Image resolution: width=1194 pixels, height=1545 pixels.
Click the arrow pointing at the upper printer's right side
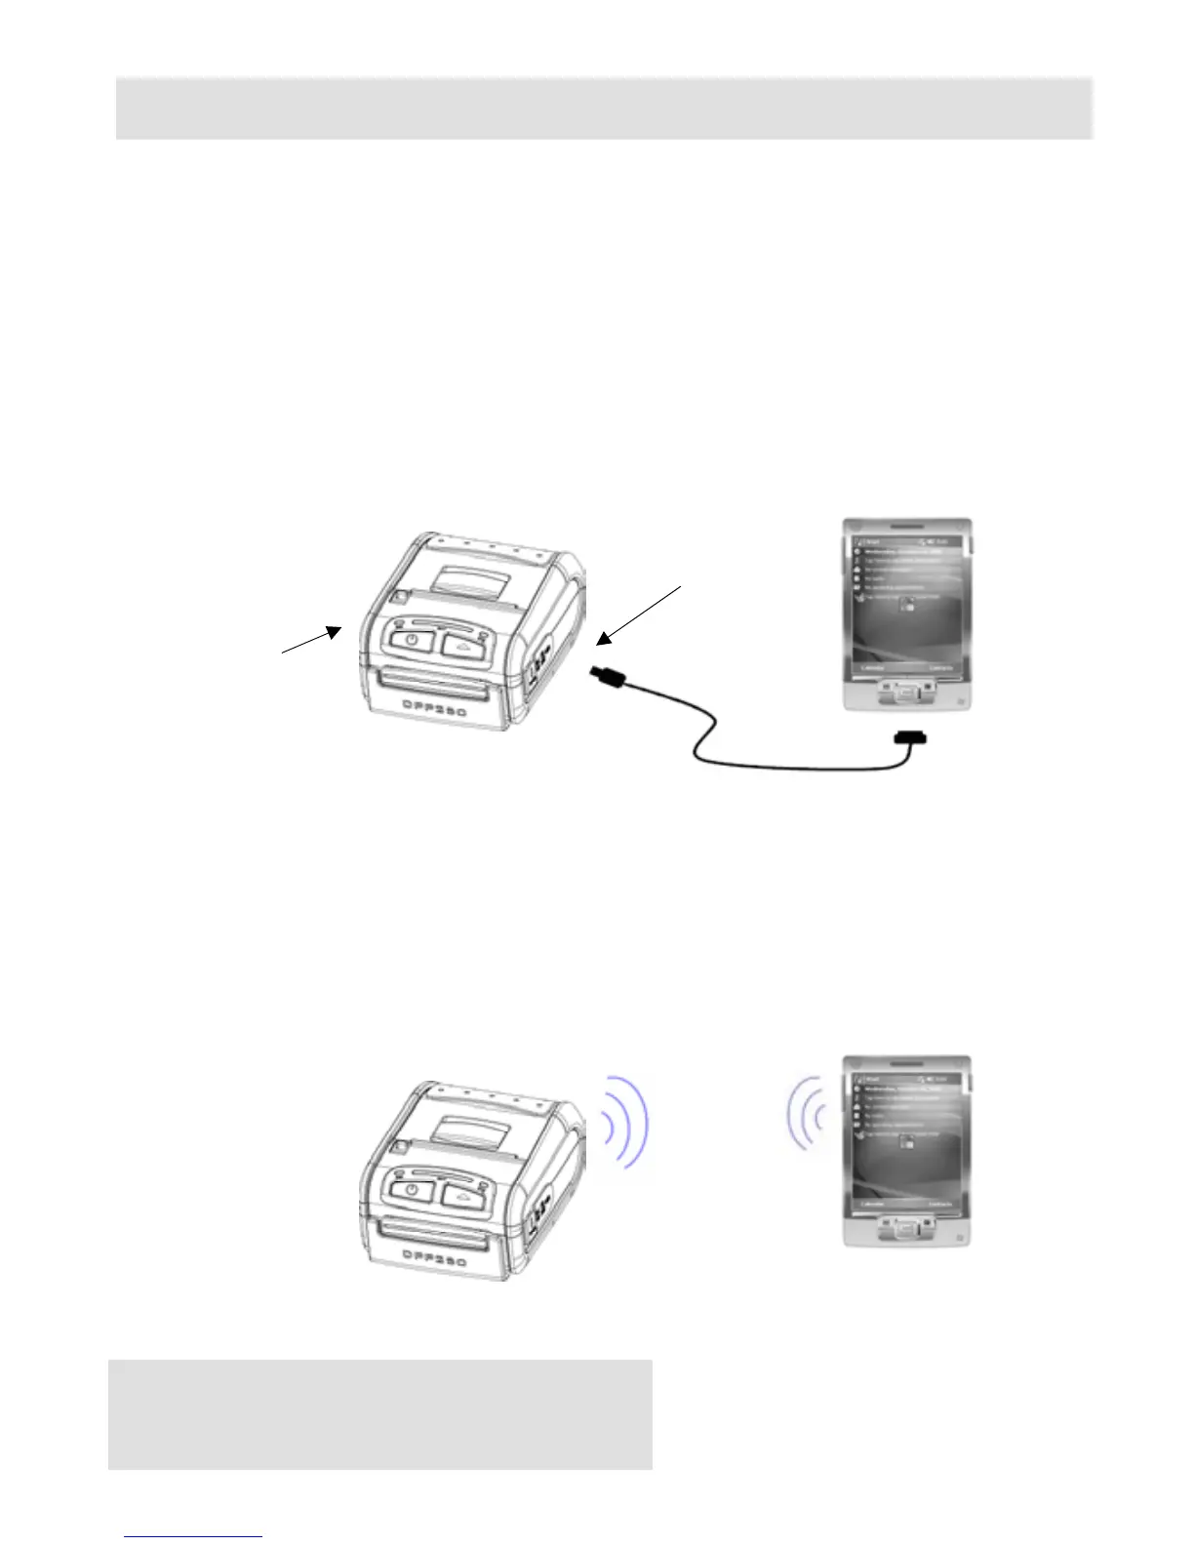(x=639, y=614)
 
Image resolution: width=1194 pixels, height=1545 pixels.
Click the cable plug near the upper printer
(x=606, y=677)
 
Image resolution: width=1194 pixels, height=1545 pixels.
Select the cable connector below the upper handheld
(x=909, y=738)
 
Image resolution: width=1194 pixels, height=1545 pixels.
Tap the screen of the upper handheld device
(x=907, y=604)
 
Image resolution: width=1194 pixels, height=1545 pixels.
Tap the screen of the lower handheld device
(x=907, y=1140)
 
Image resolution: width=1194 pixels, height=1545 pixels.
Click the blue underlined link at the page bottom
(x=193, y=1535)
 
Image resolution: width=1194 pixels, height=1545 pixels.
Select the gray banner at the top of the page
(x=604, y=108)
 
